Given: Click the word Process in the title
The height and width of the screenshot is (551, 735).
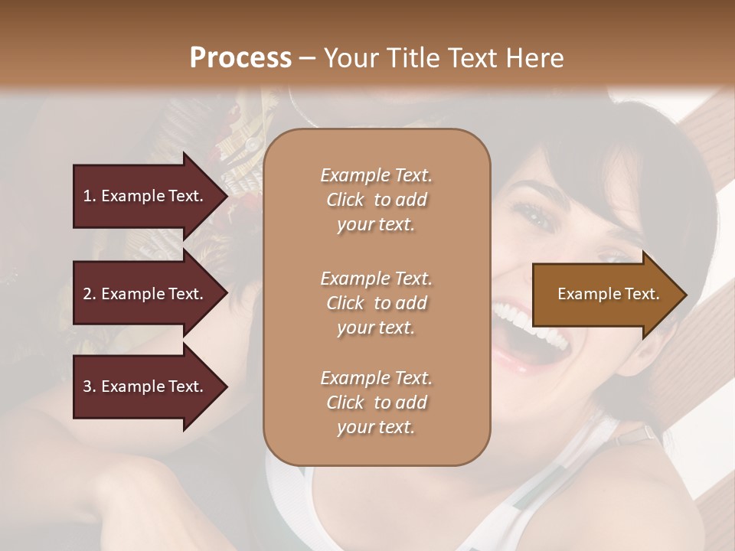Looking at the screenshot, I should click(x=240, y=58).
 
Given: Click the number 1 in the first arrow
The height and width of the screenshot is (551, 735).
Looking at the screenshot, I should click(x=87, y=196).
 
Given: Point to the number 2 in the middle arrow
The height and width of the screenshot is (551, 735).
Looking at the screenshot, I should click(x=87, y=294).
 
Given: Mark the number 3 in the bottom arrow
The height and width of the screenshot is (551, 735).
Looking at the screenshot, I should click(x=87, y=386).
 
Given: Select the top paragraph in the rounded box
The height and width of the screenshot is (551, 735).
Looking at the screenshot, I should click(x=376, y=200).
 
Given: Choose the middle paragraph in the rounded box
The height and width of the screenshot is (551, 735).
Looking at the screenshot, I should click(x=376, y=303).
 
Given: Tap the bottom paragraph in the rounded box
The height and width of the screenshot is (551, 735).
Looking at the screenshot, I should click(x=376, y=403).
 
